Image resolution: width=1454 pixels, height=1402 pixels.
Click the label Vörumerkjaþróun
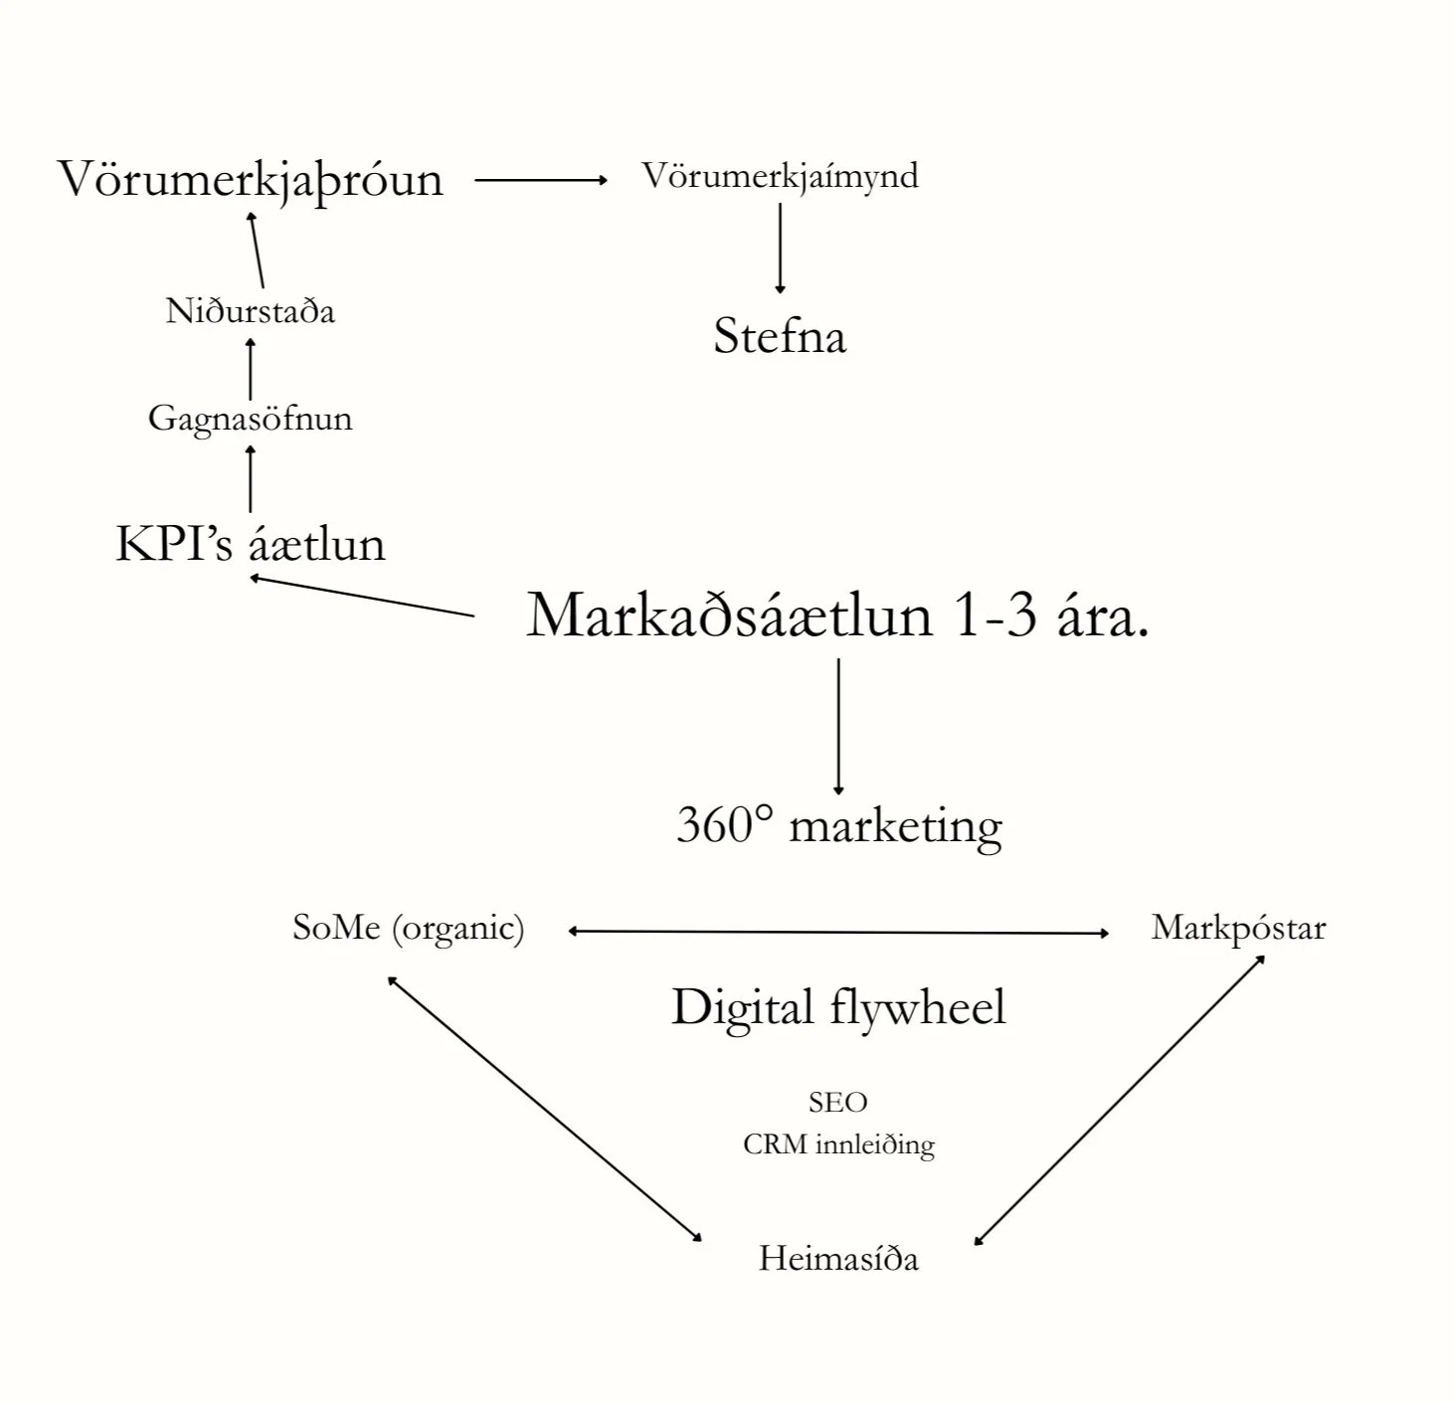tap(250, 181)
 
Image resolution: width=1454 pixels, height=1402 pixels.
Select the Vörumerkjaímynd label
tap(780, 176)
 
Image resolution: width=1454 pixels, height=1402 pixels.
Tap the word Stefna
tap(780, 336)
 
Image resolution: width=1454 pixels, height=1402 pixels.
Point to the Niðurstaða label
tap(250, 311)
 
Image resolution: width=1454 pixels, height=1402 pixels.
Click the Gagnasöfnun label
tap(250, 418)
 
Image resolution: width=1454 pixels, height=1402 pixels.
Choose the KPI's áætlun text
tap(250, 544)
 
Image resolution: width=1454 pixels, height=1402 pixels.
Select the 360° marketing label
tap(838, 825)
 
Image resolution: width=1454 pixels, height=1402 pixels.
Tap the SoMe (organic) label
tap(408, 928)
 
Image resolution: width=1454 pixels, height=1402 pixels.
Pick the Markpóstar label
tap(1238, 928)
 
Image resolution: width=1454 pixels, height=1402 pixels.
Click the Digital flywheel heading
tap(838, 1006)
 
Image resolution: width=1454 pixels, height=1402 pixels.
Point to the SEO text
tap(838, 1102)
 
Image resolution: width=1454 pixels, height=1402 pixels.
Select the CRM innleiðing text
tap(838, 1144)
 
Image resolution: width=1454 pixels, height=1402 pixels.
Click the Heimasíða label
tap(838, 1259)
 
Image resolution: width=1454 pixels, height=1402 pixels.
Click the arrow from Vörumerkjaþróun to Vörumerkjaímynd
tap(540, 180)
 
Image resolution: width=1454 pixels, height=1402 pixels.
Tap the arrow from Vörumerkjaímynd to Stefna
tap(780, 248)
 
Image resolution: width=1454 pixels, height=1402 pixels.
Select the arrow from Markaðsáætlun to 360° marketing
tap(838, 726)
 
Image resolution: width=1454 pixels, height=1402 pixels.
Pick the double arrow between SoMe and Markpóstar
tap(838, 932)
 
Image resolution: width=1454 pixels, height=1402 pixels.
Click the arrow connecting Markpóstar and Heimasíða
tap(1119, 1100)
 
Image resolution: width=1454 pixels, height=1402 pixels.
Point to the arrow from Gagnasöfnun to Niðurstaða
tap(250, 369)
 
